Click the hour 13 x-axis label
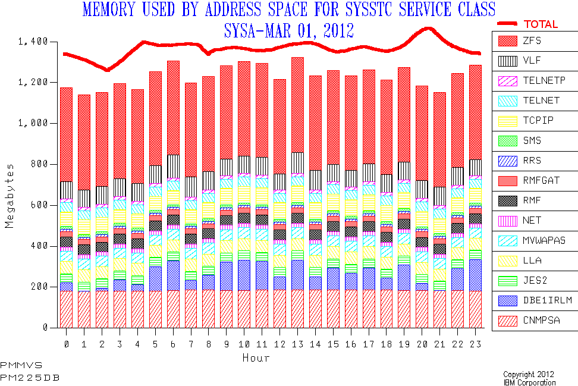coord(297,344)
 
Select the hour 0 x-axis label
coord(66,344)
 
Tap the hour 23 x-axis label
coord(475,344)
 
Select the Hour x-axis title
coord(256,358)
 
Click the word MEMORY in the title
coord(105,10)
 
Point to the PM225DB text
coord(30,378)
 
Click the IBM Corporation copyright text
coord(529,382)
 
